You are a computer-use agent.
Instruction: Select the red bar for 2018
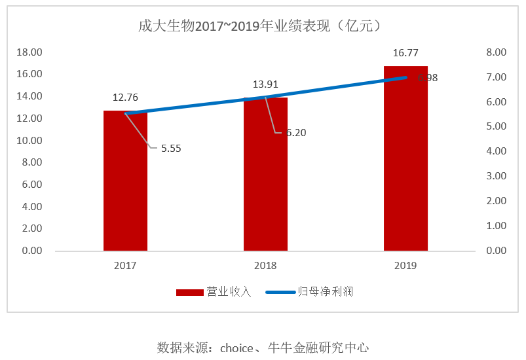[265, 177]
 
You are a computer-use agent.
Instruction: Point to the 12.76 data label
[125, 98]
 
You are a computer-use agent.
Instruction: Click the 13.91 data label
[266, 84]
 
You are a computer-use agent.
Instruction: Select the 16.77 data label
[405, 53]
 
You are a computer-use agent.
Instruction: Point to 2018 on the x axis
[265, 266]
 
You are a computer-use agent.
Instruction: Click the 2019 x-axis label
[405, 266]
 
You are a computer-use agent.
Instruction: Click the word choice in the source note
[236, 348]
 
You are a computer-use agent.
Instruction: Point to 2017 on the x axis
[125, 266]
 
